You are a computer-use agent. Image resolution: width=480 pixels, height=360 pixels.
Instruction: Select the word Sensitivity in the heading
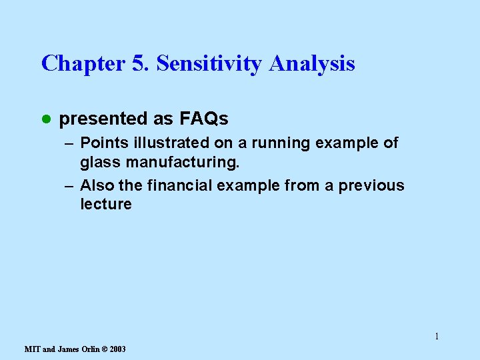pos(210,64)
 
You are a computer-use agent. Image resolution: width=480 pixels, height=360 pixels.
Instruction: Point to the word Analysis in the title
pos(312,64)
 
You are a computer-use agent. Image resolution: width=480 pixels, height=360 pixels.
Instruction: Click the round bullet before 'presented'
pos(45,119)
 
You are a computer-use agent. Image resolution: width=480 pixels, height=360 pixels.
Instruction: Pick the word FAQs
pos(203,119)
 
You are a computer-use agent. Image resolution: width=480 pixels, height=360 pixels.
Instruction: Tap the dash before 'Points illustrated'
pos(70,143)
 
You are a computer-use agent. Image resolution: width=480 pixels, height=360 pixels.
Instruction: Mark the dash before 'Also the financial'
pos(70,186)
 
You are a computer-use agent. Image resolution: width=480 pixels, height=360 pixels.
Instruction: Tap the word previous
pos(371,186)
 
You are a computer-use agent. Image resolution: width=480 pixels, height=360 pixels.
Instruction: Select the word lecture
pos(106,205)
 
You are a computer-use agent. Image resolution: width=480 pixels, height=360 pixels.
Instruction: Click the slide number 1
pos(437,336)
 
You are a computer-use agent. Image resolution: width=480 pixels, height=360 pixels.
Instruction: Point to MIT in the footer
pos(32,349)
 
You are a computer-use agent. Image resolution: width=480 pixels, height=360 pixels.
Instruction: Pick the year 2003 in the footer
pos(117,349)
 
